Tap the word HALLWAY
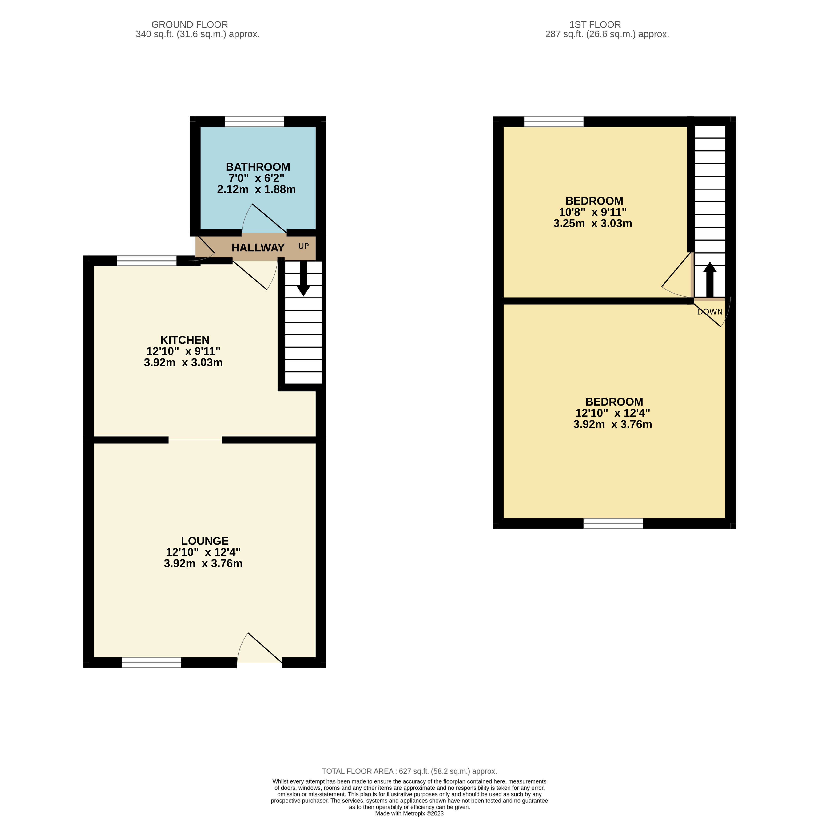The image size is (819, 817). click(x=258, y=248)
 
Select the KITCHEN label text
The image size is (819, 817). click(x=185, y=340)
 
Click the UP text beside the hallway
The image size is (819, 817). click(x=303, y=246)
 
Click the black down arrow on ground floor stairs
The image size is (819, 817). click(x=303, y=278)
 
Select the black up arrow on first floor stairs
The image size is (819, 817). click(x=710, y=280)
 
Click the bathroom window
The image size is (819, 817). click(x=254, y=121)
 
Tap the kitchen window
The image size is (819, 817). click(x=147, y=261)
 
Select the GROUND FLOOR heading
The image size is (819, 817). click(x=190, y=25)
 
